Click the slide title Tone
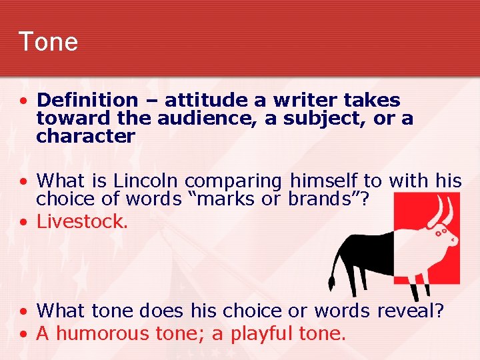(x=48, y=41)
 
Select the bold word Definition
(x=87, y=101)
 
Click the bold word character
(x=85, y=137)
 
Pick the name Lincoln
(x=149, y=181)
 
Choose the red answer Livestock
(x=81, y=221)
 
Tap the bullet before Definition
(x=23, y=101)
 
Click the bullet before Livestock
(x=23, y=222)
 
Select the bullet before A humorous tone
(x=23, y=333)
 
